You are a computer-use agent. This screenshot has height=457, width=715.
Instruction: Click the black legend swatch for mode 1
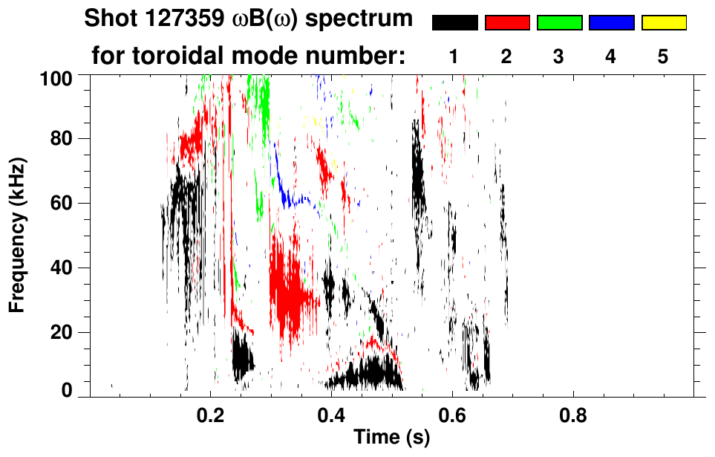[454, 23]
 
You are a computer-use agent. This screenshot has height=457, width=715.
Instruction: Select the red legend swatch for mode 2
[507, 23]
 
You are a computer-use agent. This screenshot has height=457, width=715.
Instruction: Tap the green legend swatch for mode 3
[559, 23]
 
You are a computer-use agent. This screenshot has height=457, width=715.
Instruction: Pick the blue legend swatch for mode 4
[611, 23]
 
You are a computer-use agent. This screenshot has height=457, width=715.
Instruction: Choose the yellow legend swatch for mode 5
[663, 23]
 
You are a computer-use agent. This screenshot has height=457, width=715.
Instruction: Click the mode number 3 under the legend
[559, 57]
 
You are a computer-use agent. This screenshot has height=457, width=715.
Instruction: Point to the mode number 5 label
[663, 57]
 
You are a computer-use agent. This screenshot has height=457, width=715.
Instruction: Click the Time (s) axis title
[391, 438]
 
